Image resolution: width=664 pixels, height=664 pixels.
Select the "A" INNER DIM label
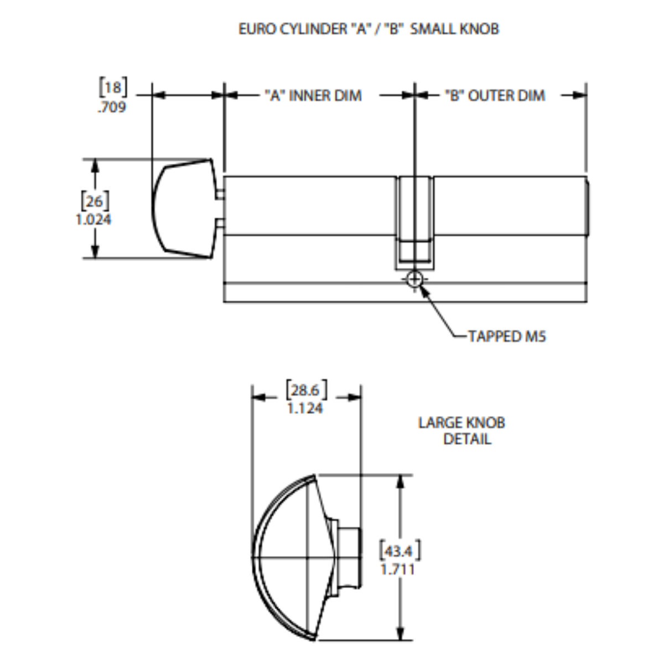click(313, 96)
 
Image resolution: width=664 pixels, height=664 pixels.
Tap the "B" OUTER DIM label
click(495, 96)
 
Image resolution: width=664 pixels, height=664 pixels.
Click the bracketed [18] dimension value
click(113, 87)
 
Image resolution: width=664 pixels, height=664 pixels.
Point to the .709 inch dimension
click(112, 107)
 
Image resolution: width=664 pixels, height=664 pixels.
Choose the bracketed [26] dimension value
click(95, 200)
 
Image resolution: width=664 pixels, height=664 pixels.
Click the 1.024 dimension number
click(94, 220)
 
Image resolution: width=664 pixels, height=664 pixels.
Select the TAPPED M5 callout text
click(507, 336)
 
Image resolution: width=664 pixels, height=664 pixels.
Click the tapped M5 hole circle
click(414, 279)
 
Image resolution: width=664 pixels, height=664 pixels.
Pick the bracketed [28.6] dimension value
click(305, 390)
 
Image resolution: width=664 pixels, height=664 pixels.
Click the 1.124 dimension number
click(305, 408)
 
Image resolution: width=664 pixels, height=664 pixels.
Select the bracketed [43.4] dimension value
click(399, 551)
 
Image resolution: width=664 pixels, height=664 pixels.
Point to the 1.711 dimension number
click(398, 569)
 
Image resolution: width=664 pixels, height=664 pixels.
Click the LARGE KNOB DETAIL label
click(461, 431)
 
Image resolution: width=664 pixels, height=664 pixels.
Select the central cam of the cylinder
click(414, 221)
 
